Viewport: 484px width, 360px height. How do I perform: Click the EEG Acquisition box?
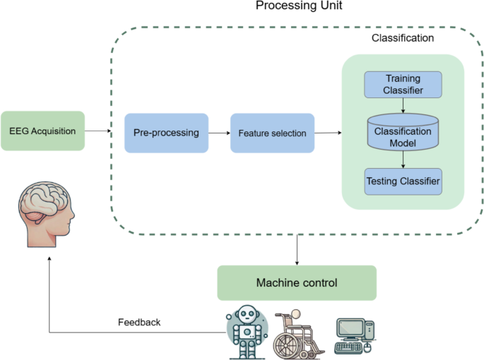coord(43,131)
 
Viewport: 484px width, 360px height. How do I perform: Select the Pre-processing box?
coord(167,133)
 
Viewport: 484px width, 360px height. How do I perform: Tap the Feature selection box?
coord(272,133)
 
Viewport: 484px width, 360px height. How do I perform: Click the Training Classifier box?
coord(403,84)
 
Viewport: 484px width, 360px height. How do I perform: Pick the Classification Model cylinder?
coord(403,132)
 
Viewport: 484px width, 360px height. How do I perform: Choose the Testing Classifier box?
coord(403,181)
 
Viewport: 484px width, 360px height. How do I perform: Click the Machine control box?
coord(296,283)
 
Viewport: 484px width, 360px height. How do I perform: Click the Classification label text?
coord(403,37)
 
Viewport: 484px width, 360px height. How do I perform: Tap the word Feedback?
coord(139,322)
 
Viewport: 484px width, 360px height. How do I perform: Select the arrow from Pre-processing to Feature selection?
coord(219,133)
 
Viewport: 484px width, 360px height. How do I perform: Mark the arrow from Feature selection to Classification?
coord(328,132)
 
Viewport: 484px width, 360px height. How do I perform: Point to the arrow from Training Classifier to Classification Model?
coord(403,105)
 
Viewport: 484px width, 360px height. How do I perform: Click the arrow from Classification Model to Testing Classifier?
coord(403,160)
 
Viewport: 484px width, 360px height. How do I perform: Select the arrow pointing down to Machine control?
coord(297,249)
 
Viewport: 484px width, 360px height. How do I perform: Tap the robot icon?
coord(248,332)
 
